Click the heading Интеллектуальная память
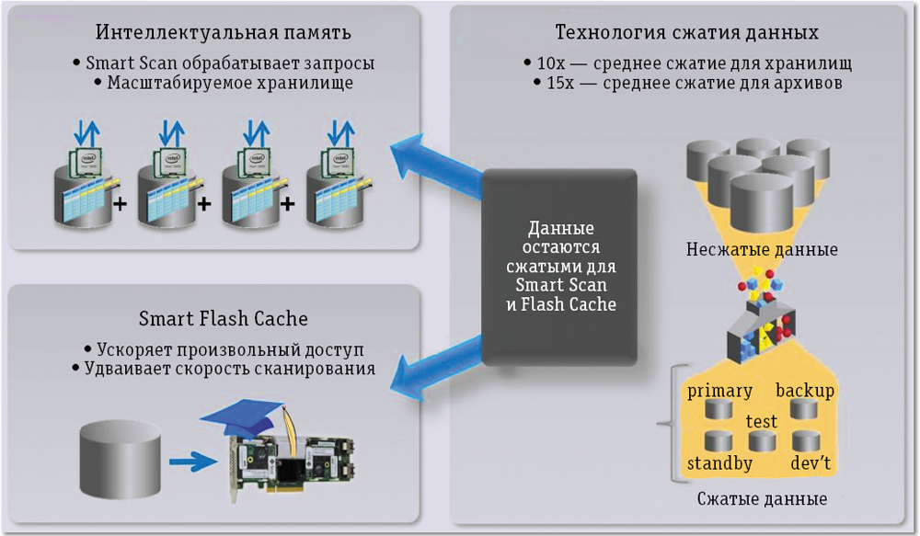pyautogui.click(x=224, y=34)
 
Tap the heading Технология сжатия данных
pyautogui.click(x=686, y=34)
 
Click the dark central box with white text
pyautogui.click(x=560, y=266)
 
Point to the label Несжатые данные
pyautogui.click(x=762, y=250)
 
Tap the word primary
pyautogui.click(x=719, y=391)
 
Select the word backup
pyautogui.click(x=805, y=391)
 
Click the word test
pyautogui.click(x=761, y=421)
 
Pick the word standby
pyautogui.click(x=719, y=462)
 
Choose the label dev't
pyautogui.click(x=811, y=462)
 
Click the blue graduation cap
pyautogui.click(x=243, y=420)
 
